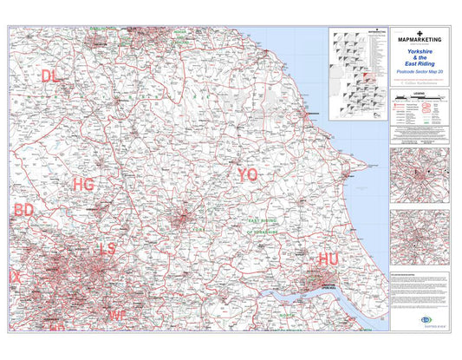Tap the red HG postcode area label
pyautogui.click(x=83, y=185)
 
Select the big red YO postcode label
pyautogui.click(x=247, y=174)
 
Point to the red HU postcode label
pyautogui.click(x=329, y=259)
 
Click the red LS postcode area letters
pyautogui.click(x=107, y=249)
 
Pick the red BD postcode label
pyautogui.click(x=23, y=210)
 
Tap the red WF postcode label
pyautogui.click(x=118, y=315)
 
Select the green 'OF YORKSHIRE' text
pyautogui.click(x=264, y=232)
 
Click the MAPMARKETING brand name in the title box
pyautogui.click(x=420, y=40)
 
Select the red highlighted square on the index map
pyautogui.click(x=370, y=75)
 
